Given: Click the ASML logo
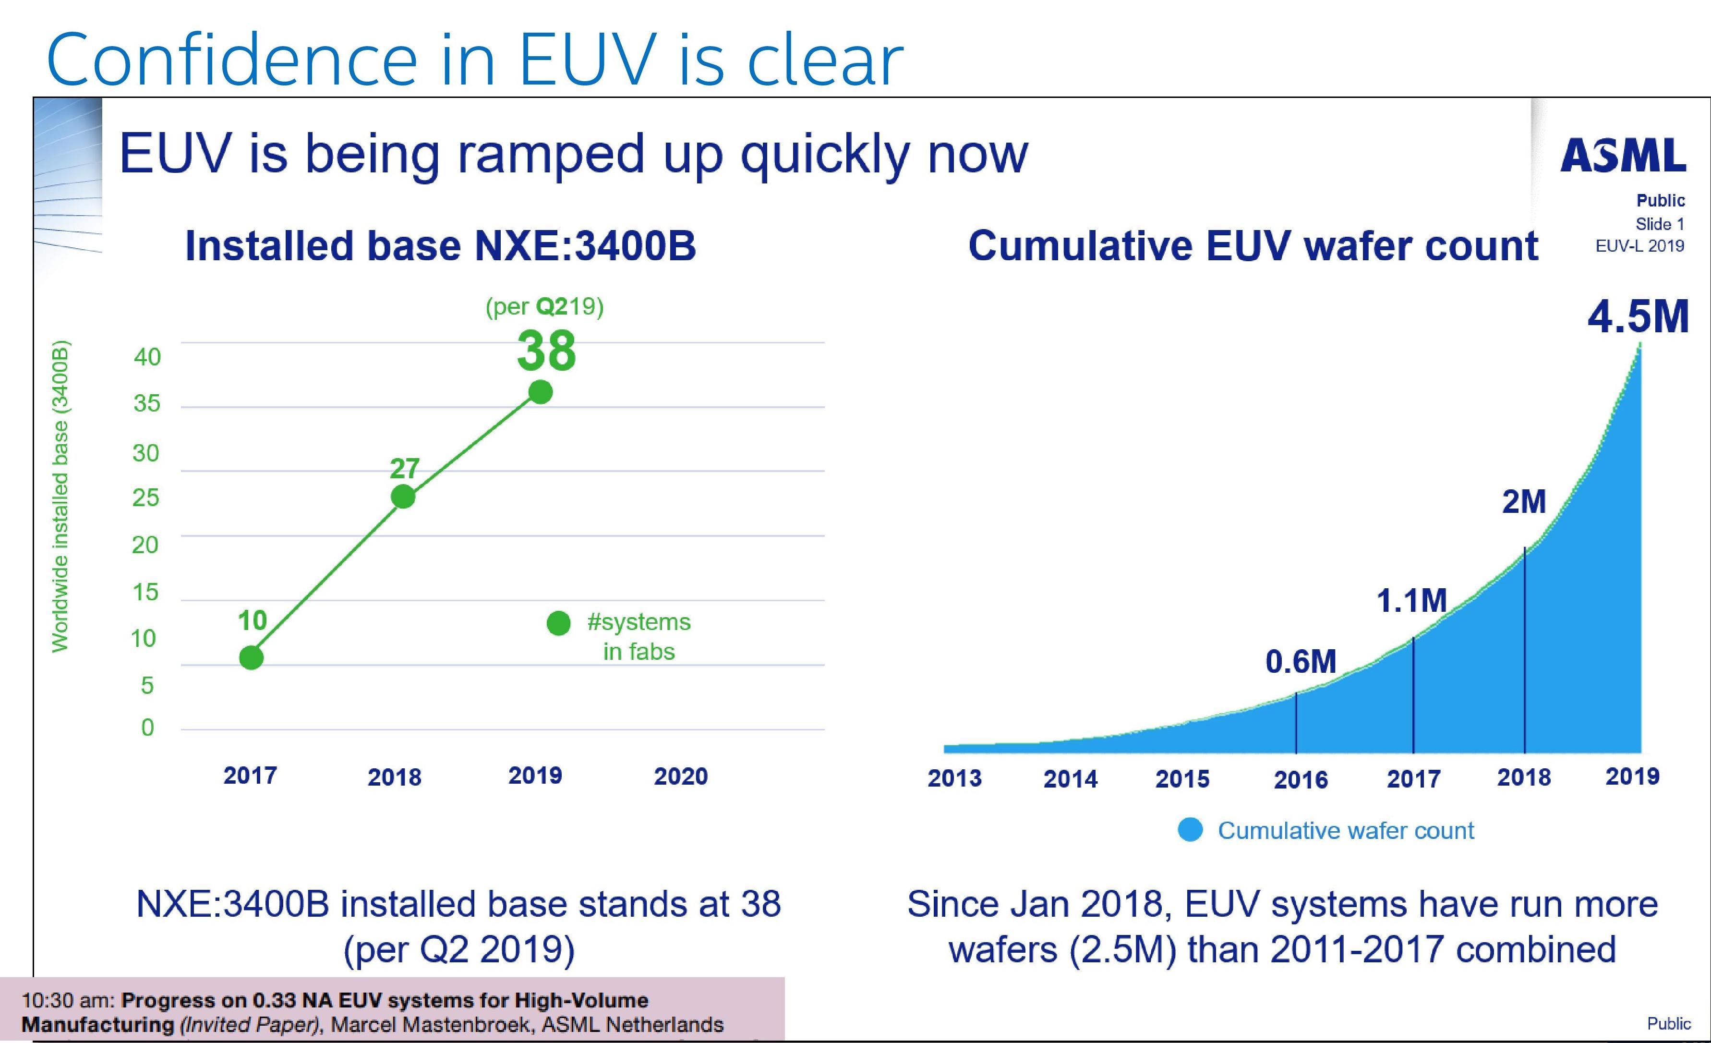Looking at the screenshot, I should (x=1623, y=156).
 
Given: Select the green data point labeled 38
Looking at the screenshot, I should (x=540, y=392).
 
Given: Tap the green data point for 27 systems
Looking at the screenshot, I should (x=403, y=497).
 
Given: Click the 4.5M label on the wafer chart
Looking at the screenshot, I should (x=1638, y=317).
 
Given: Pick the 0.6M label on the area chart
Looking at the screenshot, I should (x=1301, y=661).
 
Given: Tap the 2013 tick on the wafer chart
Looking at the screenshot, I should (x=955, y=778).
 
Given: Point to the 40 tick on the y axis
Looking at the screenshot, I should (x=147, y=357).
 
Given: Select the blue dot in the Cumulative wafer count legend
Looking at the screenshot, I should (x=1190, y=830).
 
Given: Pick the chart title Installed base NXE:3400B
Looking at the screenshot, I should (x=440, y=246).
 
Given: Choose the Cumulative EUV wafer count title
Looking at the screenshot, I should (x=1253, y=246).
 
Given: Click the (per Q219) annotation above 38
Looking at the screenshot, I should (x=544, y=306).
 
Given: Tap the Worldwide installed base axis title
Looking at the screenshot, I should (x=61, y=497).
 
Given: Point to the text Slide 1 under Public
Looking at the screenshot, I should (x=1660, y=224).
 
